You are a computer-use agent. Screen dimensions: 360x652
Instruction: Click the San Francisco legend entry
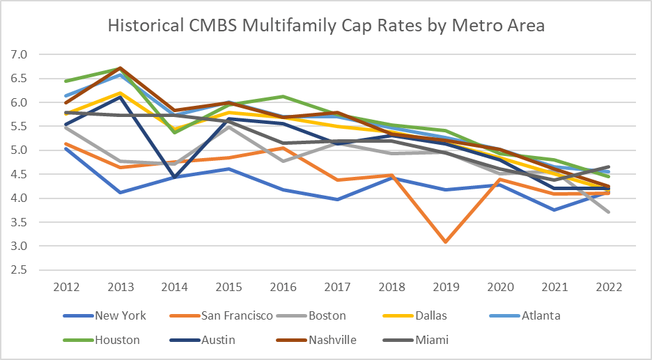pyautogui.click(x=237, y=315)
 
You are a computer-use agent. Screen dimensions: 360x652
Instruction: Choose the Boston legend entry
pyautogui.click(x=327, y=315)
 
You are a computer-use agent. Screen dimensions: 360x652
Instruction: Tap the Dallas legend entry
pyautogui.click(x=432, y=315)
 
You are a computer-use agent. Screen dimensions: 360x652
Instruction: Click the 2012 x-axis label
pyautogui.click(x=66, y=287)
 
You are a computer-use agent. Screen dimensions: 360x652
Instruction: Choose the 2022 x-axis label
pyautogui.click(x=607, y=287)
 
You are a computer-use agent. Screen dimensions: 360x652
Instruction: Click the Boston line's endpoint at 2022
pyautogui.click(x=607, y=212)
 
